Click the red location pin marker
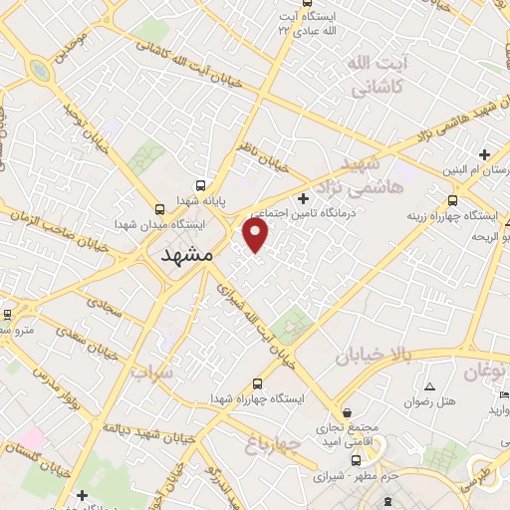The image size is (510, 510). (x=256, y=234)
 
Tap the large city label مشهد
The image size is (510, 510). (x=187, y=255)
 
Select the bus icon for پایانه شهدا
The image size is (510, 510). (x=200, y=186)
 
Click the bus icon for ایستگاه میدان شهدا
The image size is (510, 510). (x=160, y=208)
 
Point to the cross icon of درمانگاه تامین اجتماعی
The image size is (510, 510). (x=303, y=198)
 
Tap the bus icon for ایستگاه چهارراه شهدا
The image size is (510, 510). (x=258, y=383)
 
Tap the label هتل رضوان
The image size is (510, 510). (x=429, y=402)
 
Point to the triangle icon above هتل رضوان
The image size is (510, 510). (x=429, y=386)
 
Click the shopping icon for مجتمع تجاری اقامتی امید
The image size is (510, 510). (x=346, y=410)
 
